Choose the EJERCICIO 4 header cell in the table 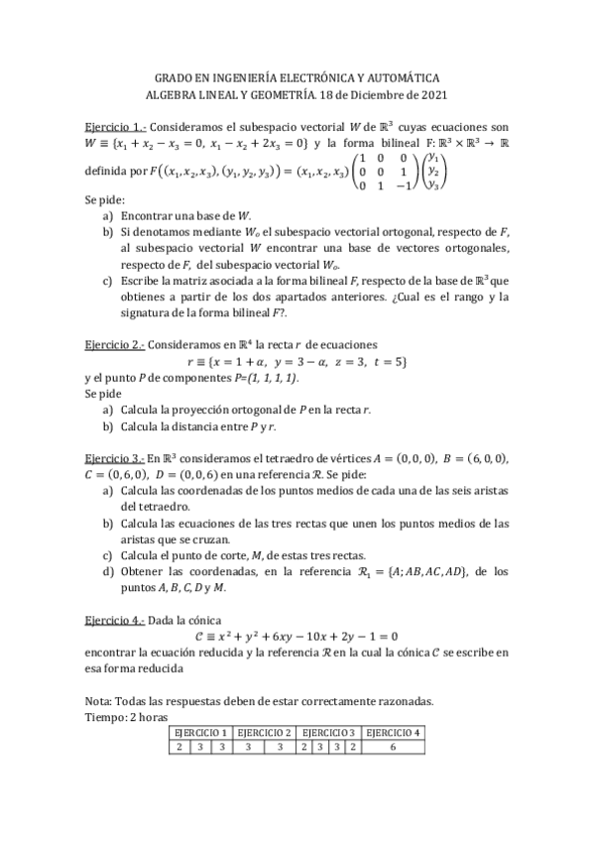pos(394,733)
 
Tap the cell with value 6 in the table pos(394,747)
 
